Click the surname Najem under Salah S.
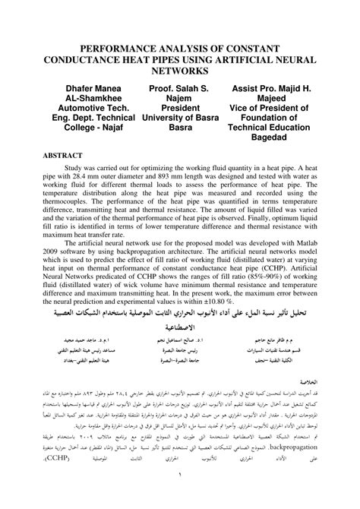pos(181,99)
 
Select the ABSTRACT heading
pos(62,154)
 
